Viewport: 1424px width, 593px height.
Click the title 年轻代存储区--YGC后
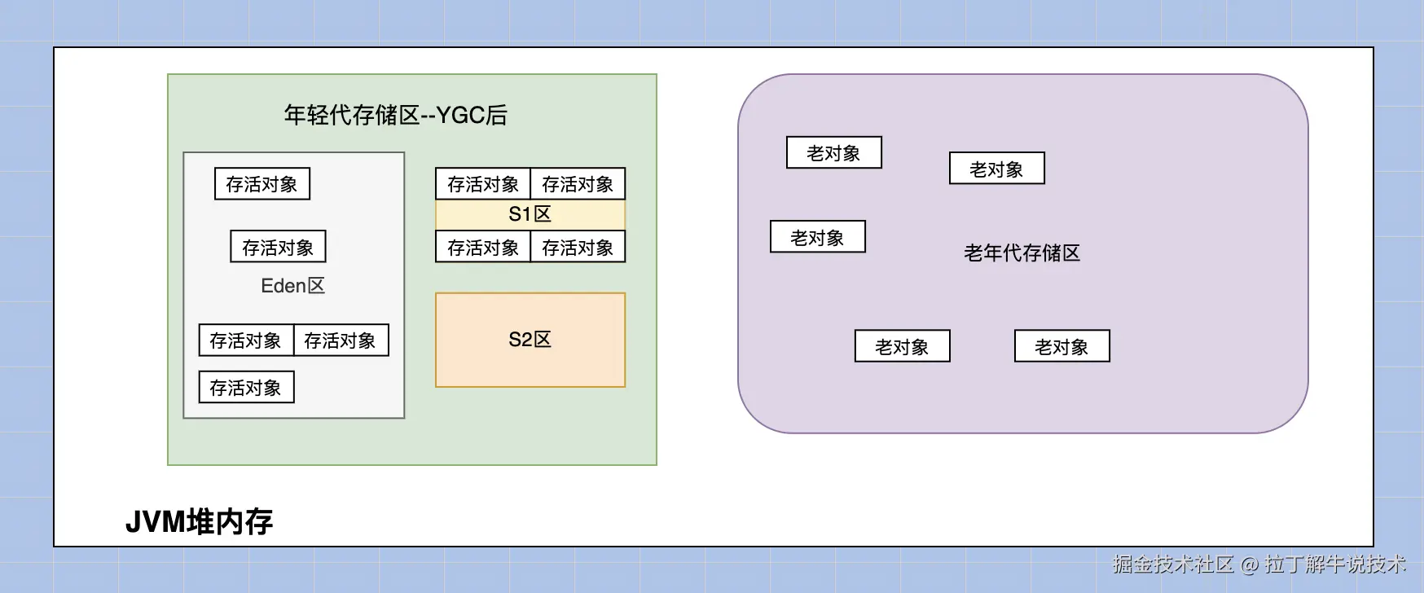tap(395, 115)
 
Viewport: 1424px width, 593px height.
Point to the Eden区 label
tap(293, 286)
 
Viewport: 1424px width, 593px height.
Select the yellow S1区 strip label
tap(530, 214)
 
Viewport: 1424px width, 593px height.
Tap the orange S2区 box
tap(530, 340)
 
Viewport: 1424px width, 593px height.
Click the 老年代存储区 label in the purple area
tap(1022, 253)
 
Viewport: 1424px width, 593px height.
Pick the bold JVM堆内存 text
tap(199, 521)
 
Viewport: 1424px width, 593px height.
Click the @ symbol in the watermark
tap(1250, 564)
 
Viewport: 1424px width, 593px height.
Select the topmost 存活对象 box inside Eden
tap(262, 184)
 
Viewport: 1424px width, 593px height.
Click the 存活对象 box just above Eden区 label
tap(279, 247)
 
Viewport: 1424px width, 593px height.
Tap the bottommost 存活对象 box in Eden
tap(246, 388)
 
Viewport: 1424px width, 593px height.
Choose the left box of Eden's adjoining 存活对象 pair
tap(246, 340)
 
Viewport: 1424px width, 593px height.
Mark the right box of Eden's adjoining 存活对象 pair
tap(341, 340)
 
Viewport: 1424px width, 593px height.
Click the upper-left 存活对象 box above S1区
tap(483, 184)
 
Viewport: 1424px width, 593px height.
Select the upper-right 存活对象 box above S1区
tap(578, 184)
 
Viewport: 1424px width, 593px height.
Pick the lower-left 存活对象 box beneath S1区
tap(483, 247)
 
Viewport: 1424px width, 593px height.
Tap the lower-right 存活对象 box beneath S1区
tap(578, 247)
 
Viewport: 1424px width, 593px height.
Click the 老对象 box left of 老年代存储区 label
tap(818, 237)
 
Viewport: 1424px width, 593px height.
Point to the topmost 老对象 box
tap(834, 152)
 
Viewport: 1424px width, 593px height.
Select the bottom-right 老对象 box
tap(1062, 346)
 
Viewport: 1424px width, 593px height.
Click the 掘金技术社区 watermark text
tap(1173, 564)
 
